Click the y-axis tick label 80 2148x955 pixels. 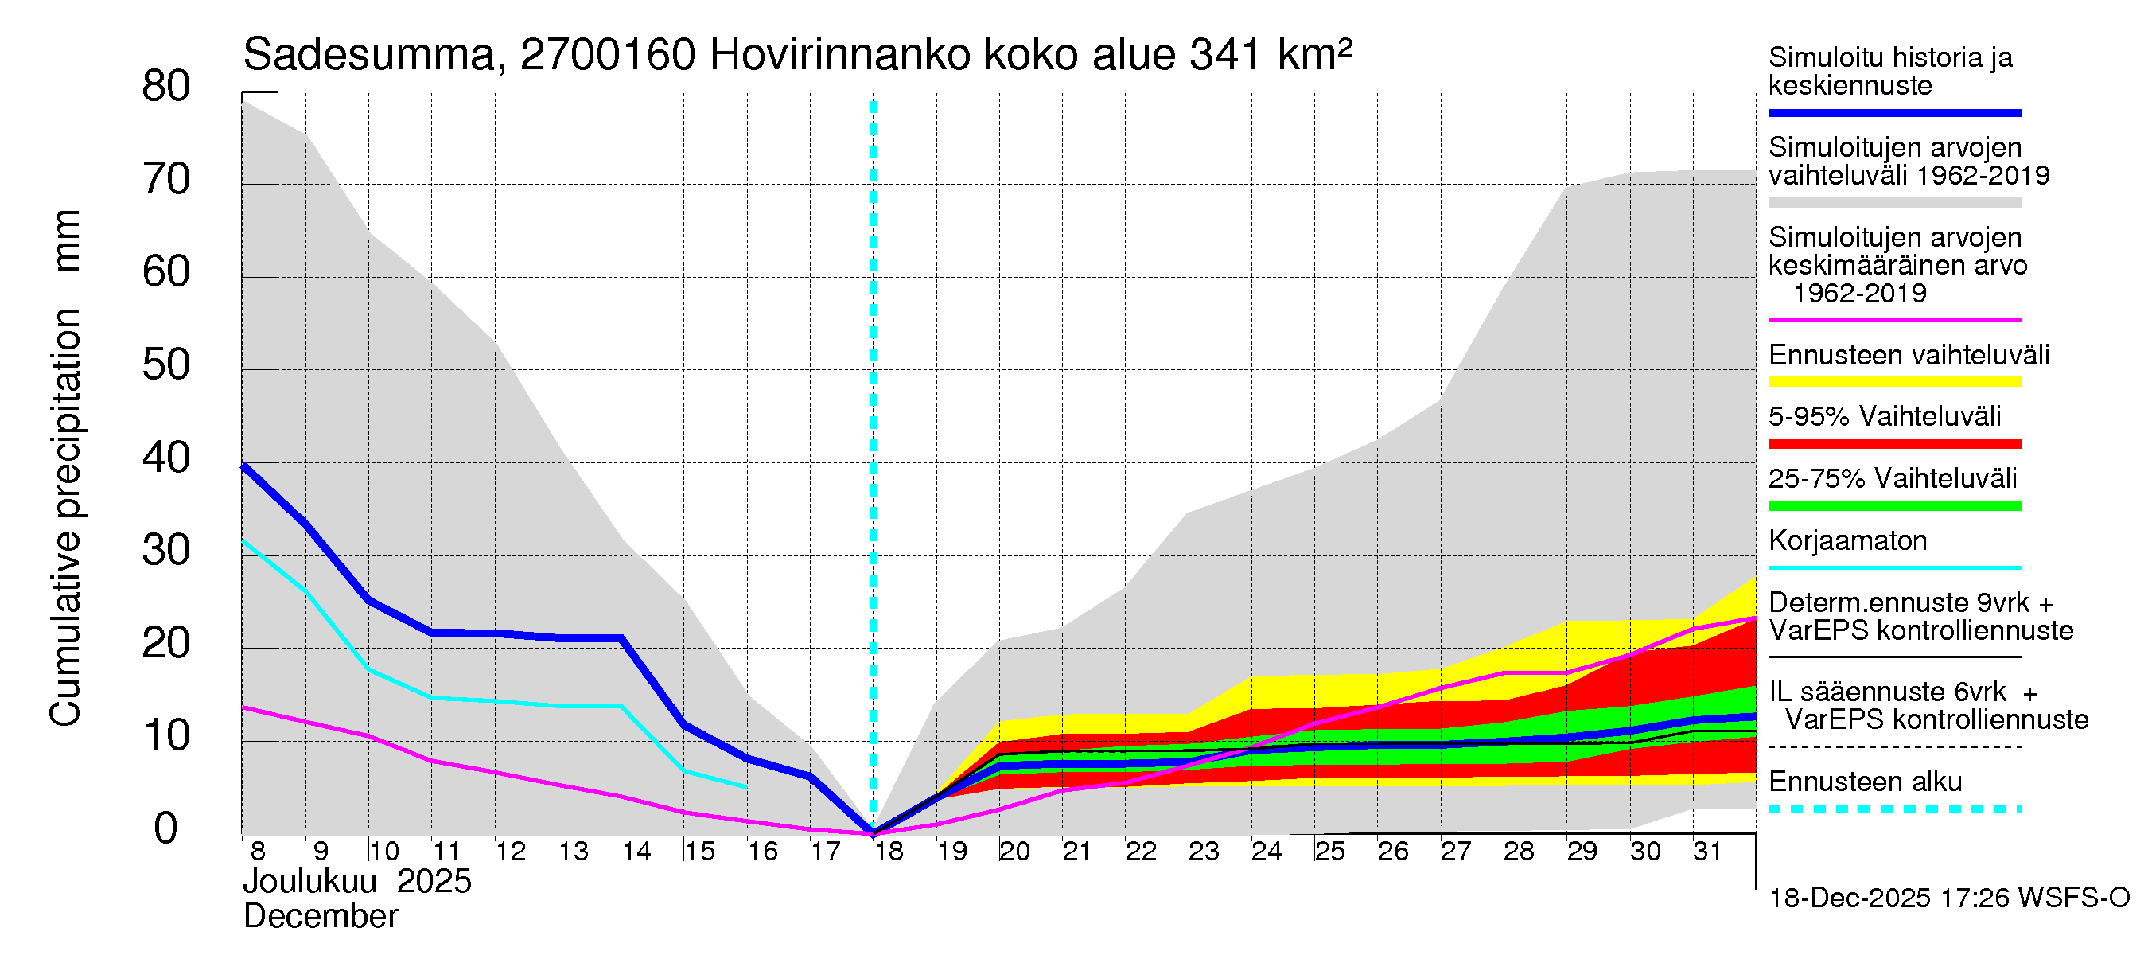pos(166,87)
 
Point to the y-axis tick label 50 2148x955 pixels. pos(166,365)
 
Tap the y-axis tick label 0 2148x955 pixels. pos(166,828)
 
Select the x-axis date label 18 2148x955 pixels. pos(889,852)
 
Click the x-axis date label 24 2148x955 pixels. pos(1267,852)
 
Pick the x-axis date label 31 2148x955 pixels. pos(1707,852)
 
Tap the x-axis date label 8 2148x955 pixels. pos(258,852)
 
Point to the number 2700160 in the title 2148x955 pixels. pos(608,56)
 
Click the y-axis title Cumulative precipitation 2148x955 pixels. pos(65,517)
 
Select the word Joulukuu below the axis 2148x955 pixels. pos(310,882)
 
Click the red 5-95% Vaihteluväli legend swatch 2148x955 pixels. pos(1894,444)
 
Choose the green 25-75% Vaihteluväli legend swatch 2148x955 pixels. pos(1894,505)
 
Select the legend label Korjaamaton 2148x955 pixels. pos(1848,540)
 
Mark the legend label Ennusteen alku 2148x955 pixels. pos(1866,782)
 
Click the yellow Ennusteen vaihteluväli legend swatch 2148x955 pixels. pos(1894,382)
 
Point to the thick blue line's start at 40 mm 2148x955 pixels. pos(243,466)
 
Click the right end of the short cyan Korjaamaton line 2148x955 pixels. pos(746,786)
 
